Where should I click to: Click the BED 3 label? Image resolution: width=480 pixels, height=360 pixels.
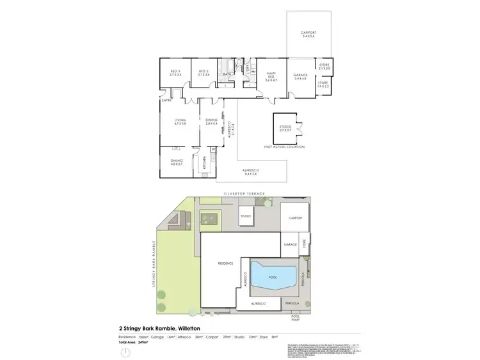click(x=175, y=73)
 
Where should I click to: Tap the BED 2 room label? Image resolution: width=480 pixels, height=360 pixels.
click(x=204, y=73)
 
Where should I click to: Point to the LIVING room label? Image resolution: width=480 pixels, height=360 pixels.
click(x=179, y=121)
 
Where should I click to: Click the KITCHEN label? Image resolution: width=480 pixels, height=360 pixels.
click(x=204, y=164)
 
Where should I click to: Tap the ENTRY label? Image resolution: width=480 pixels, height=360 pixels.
click(x=166, y=100)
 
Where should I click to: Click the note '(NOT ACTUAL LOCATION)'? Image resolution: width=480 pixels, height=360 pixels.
click(x=285, y=147)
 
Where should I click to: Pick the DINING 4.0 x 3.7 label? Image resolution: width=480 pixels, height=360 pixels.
click(x=176, y=162)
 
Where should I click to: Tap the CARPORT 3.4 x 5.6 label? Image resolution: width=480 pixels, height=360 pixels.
click(x=309, y=35)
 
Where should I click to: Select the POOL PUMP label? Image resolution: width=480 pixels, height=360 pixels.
click(x=296, y=317)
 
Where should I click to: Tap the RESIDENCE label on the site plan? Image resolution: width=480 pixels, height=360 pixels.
click(x=225, y=263)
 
